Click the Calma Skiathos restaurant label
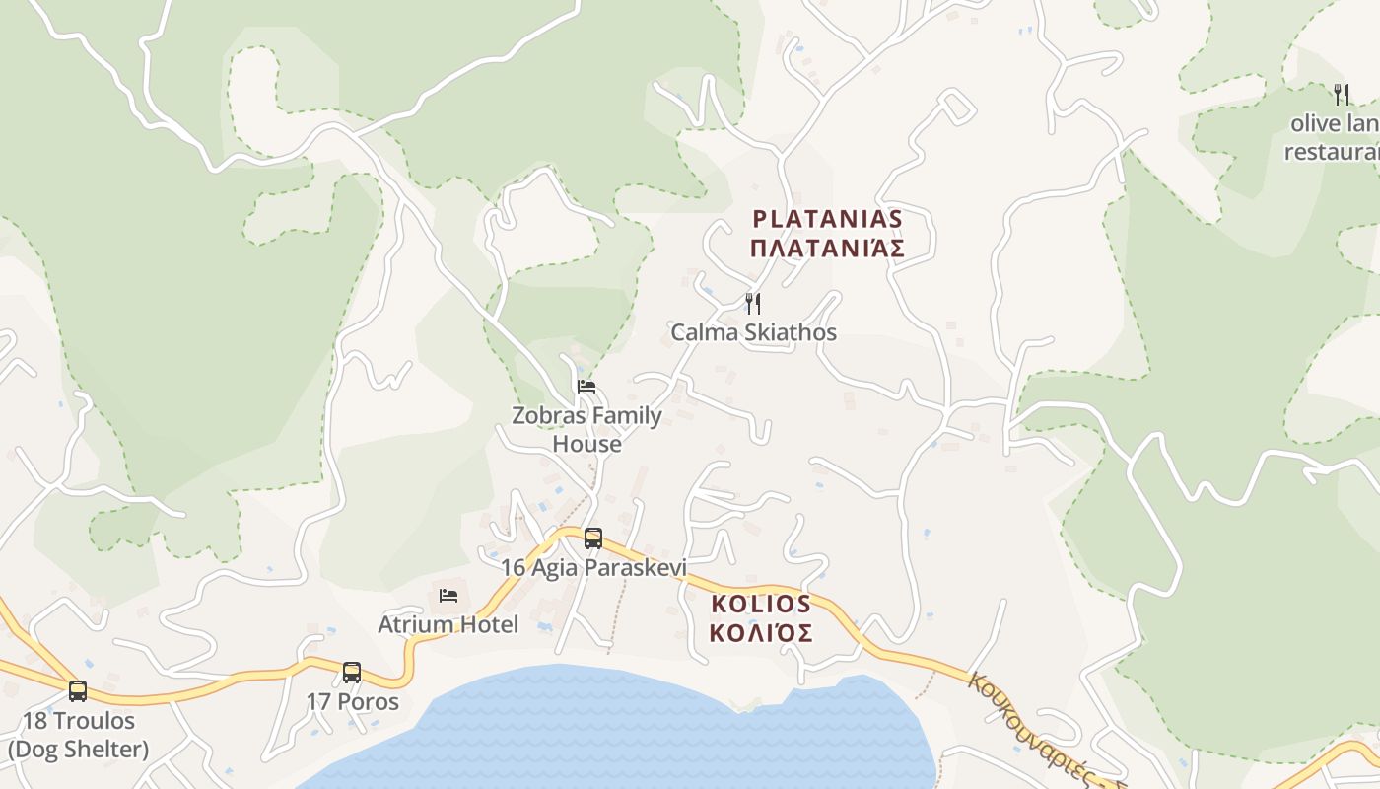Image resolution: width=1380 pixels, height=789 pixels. (x=753, y=332)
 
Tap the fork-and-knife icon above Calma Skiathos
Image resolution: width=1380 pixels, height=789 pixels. (x=753, y=304)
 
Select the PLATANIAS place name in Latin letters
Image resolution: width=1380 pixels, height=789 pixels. (x=827, y=218)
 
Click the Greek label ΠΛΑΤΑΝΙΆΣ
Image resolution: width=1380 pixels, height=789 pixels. (x=827, y=248)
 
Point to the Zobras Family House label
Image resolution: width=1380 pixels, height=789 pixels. (x=586, y=429)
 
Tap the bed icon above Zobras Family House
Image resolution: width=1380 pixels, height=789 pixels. (x=586, y=386)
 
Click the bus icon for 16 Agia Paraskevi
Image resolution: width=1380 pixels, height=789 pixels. (x=593, y=538)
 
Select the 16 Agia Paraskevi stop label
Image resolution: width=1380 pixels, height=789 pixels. (x=593, y=567)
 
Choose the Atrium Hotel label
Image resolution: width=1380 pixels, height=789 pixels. (x=448, y=624)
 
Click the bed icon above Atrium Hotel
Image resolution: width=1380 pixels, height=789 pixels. (x=448, y=595)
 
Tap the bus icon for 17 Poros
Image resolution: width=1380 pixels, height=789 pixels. (x=352, y=673)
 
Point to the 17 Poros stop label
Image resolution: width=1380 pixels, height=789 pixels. (x=352, y=702)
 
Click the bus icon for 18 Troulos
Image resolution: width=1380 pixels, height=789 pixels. (x=78, y=691)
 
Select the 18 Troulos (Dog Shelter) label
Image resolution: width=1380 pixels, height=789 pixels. (x=78, y=735)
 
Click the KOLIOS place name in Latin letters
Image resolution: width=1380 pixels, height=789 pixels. (x=761, y=604)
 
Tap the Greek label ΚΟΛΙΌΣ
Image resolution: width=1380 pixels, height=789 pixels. (x=761, y=633)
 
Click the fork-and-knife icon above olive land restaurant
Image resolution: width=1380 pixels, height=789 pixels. (x=1341, y=95)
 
